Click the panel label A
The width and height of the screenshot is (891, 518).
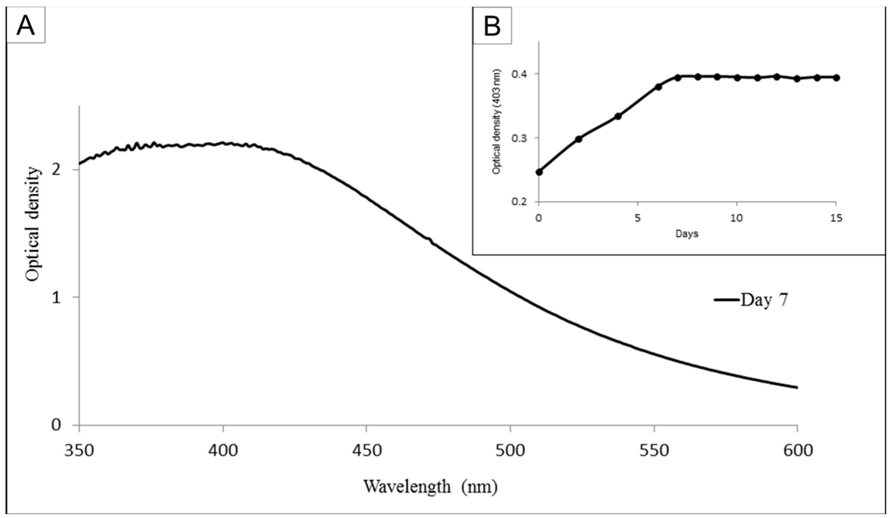click(26, 26)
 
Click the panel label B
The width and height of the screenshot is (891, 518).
click(492, 27)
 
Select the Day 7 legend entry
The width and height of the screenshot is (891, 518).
click(751, 300)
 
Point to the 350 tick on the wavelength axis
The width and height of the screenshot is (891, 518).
click(79, 451)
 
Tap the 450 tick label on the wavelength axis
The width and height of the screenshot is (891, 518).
click(366, 451)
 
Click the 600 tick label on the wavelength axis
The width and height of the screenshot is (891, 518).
click(797, 451)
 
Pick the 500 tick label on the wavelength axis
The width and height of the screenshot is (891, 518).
click(510, 451)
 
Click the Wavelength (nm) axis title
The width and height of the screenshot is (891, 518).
click(430, 487)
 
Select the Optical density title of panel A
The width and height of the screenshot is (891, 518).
click(33, 224)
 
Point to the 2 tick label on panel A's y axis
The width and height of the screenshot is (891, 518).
click(56, 170)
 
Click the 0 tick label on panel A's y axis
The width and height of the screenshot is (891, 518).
click(56, 425)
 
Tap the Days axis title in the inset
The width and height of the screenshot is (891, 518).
click(687, 234)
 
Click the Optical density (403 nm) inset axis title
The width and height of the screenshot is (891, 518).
click(496, 122)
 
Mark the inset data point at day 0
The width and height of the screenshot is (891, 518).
click(539, 172)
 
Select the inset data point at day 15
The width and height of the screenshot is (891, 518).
click(836, 78)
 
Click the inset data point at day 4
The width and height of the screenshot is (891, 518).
click(618, 116)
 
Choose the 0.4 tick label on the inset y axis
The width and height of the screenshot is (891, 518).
click(520, 74)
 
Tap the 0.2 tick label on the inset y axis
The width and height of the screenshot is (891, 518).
click(520, 202)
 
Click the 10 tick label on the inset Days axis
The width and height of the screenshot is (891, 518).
click(737, 219)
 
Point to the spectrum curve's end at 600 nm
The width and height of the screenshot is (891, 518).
click(797, 387)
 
